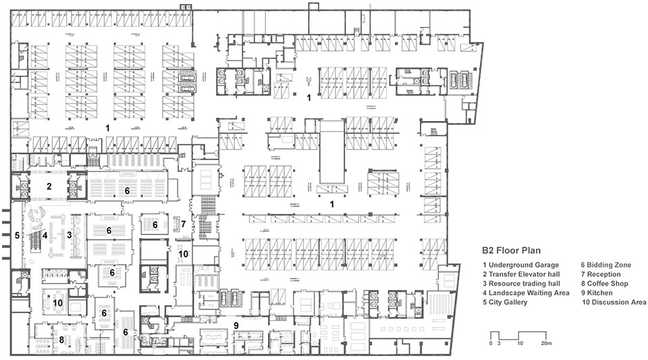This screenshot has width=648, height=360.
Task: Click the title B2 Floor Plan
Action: (511, 250)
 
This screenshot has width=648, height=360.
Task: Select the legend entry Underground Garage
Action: (520, 265)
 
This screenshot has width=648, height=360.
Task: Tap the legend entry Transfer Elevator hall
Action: (521, 274)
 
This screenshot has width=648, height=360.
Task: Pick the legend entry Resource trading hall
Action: (521, 284)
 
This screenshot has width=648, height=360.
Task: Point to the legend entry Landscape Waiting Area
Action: (526, 292)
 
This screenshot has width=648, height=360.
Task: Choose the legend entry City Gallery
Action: (505, 302)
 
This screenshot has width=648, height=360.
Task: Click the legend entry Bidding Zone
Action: (606, 265)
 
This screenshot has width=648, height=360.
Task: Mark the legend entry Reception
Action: (601, 274)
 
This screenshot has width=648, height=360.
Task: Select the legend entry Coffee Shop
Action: (604, 284)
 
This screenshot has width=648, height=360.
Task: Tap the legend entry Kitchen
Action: (597, 292)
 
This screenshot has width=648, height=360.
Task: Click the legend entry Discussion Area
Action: (614, 302)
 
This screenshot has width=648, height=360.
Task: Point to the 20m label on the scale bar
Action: (546, 343)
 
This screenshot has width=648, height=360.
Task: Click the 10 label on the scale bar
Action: (520, 343)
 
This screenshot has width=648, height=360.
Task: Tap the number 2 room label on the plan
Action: (49, 186)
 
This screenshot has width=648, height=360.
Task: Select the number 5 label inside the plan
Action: (17, 236)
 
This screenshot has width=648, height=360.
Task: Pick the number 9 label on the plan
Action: (236, 326)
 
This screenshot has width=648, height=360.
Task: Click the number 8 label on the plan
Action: (61, 340)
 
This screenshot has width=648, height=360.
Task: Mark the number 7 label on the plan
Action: (184, 224)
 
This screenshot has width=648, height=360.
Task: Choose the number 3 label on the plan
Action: (70, 235)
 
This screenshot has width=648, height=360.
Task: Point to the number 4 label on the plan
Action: (45, 236)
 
